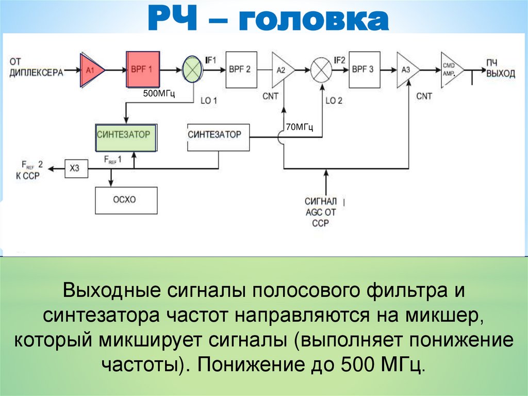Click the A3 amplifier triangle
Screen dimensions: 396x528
(x=406, y=70)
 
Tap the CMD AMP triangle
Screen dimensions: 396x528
(x=450, y=69)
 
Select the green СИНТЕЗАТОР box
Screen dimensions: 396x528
(x=126, y=137)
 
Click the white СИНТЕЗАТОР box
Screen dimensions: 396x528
(x=218, y=137)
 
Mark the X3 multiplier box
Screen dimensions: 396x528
(x=75, y=167)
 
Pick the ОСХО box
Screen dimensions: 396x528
(x=126, y=200)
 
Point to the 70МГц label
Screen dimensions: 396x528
(x=300, y=127)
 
